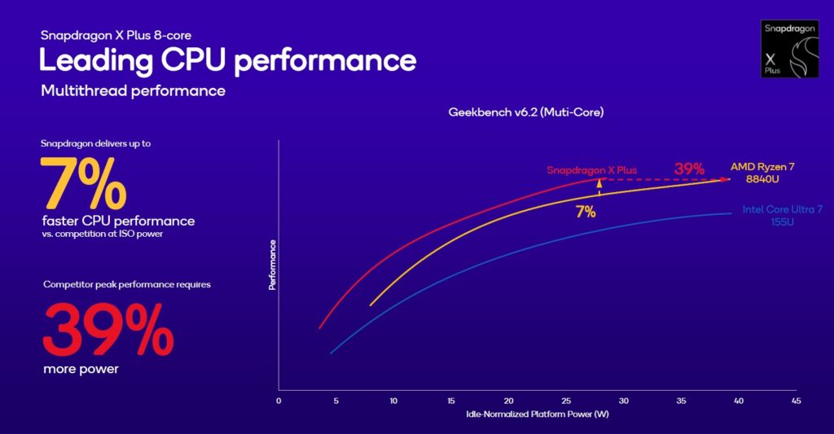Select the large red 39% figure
click(107, 329)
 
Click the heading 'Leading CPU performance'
click(228, 61)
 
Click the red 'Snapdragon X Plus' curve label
click(591, 170)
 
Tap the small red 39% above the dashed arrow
click(688, 169)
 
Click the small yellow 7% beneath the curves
click(586, 213)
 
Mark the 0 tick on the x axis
click(279, 401)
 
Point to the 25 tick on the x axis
click(566, 401)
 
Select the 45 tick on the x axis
click(796, 401)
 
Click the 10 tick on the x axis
click(393, 401)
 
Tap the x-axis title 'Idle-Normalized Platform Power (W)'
click(537, 414)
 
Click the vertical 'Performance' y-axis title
click(271, 265)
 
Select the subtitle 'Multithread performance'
click(133, 90)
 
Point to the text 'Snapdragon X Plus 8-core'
click(116, 36)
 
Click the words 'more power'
click(81, 370)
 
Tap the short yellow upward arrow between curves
click(599, 186)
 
